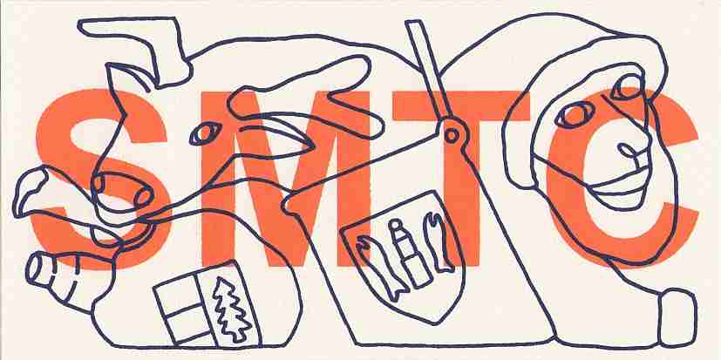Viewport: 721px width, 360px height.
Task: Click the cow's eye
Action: click(x=205, y=133)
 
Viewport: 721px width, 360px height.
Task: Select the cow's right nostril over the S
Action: click(x=144, y=197)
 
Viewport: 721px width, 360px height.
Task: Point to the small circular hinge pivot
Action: click(x=452, y=136)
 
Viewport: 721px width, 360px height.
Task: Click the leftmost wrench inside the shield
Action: click(x=378, y=267)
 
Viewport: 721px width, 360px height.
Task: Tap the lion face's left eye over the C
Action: click(x=573, y=115)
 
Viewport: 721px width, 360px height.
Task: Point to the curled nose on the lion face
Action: click(x=631, y=150)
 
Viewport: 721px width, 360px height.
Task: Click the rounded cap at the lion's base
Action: click(x=677, y=317)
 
